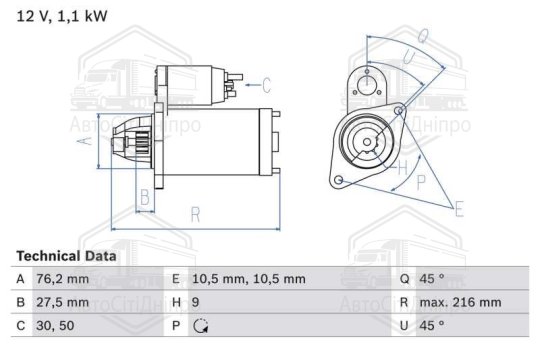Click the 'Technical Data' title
[66, 256]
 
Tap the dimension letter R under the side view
[196, 214]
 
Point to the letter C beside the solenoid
[266, 84]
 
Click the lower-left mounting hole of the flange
[340, 180]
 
